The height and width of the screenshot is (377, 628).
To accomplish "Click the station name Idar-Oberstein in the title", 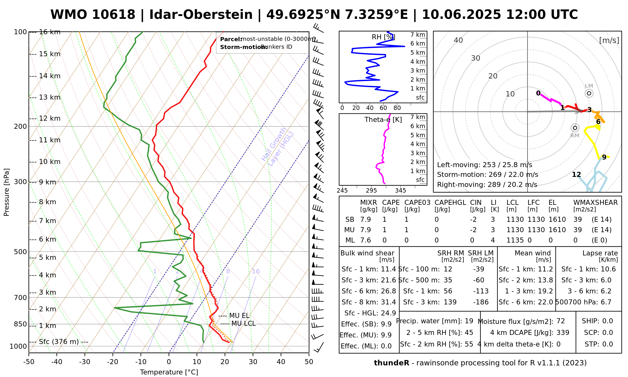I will [x=201, y=15].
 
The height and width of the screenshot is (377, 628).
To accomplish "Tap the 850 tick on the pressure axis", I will [x=21, y=324].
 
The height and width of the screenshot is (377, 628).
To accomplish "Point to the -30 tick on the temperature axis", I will [x=85, y=362].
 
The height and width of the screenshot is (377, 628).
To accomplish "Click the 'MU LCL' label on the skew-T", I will [x=243, y=324].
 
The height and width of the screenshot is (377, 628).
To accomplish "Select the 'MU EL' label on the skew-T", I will [x=239, y=316].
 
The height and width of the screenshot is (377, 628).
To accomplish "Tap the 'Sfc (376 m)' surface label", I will [x=59, y=342].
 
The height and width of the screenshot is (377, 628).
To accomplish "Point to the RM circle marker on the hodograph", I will [x=575, y=128].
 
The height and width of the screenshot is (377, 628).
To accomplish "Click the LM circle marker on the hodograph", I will [x=589, y=93].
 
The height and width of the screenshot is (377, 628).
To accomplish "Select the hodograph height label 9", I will [x=604, y=157].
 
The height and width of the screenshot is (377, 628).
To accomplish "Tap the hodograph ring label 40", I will [x=458, y=40].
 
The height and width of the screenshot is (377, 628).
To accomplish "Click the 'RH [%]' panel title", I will [x=383, y=37].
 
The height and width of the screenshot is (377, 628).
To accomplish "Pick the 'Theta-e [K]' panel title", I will [x=383, y=120].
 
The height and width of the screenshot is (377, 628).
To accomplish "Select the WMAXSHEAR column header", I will [x=595, y=203].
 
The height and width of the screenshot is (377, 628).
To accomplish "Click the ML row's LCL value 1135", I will [x=515, y=240].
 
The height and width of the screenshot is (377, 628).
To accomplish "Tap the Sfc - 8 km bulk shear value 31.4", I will [x=388, y=302].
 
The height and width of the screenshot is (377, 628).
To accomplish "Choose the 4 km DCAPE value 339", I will [x=563, y=333].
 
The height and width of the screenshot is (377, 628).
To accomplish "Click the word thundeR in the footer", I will [x=392, y=363].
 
